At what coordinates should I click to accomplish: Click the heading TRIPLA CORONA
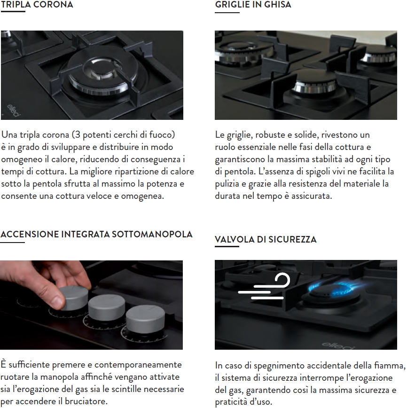37,4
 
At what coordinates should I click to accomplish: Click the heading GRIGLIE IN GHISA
253,4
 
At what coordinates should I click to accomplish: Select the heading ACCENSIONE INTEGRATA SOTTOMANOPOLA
96,234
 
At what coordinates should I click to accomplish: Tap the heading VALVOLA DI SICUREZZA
266,239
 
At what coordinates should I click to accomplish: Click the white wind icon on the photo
264,286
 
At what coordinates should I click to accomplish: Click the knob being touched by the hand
74,298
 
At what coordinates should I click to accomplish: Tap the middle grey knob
107,308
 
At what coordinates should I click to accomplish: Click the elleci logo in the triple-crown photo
13,110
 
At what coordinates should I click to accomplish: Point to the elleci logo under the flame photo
338,345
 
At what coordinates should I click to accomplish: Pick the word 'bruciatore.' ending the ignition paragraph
86,401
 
